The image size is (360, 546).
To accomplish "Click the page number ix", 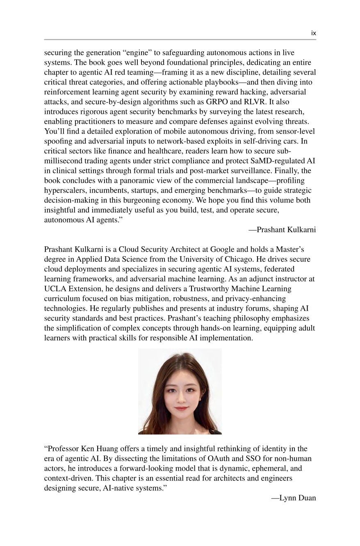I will click(313, 33).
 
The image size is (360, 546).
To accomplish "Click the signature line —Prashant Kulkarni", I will click(282, 230).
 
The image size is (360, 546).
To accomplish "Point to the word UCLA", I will click(55, 289).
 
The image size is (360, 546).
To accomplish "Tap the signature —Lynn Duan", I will click(294, 498).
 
